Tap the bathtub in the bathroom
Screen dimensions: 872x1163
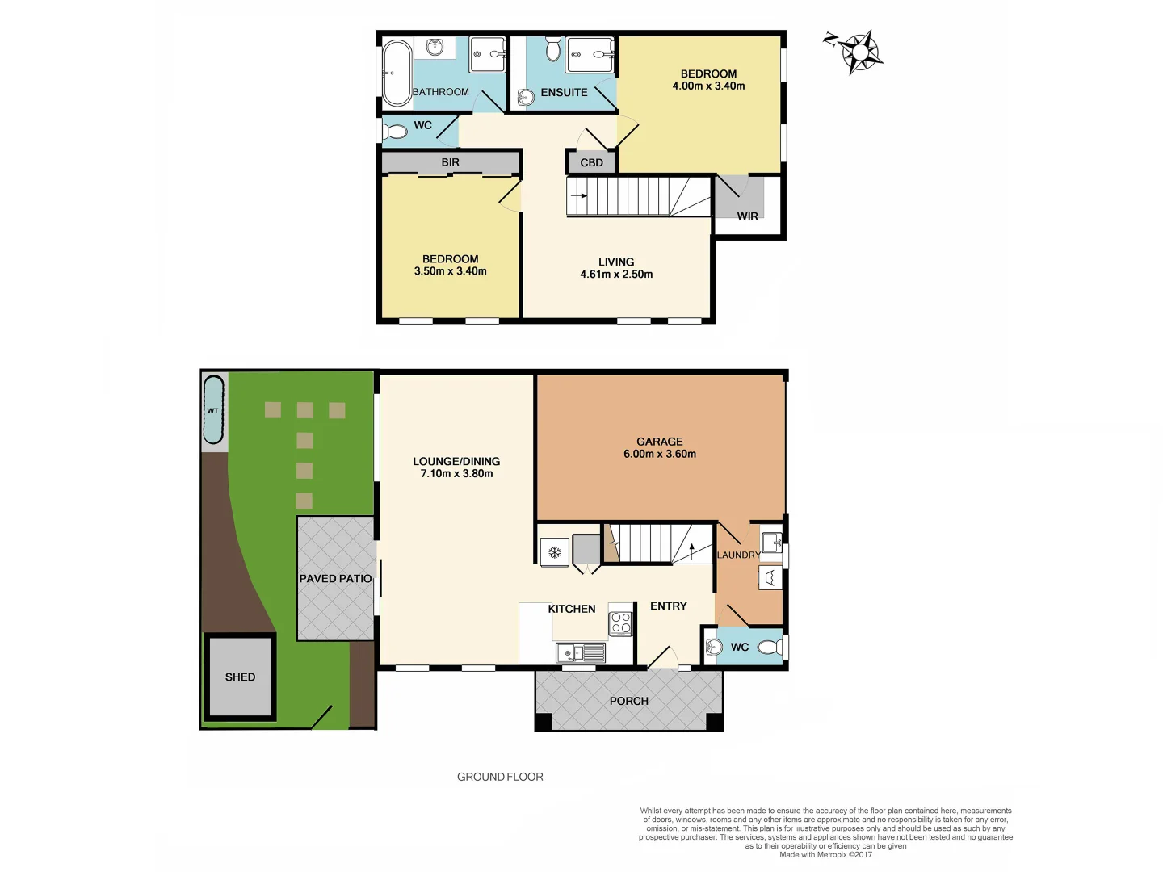pos(397,73)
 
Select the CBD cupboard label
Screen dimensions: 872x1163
pos(591,162)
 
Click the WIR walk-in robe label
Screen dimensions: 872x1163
pos(748,216)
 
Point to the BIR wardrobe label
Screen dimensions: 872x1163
pos(450,162)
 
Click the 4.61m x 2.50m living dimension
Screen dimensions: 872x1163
pos(616,275)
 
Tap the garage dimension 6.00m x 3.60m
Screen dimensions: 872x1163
pos(659,454)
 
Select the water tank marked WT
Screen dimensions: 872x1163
pos(213,410)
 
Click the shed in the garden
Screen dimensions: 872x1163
pos(240,677)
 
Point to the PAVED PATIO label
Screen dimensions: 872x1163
pos(335,578)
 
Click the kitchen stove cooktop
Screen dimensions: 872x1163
pos(620,623)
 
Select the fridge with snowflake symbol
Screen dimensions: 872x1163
pos(555,552)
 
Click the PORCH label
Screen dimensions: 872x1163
pos(628,701)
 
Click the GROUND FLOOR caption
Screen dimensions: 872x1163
pos(500,777)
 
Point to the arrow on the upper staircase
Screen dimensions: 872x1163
pos(580,195)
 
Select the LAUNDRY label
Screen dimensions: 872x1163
pos(738,555)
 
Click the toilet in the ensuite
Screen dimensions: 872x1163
pos(553,49)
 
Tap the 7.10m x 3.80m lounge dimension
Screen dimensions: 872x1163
pos(456,474)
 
